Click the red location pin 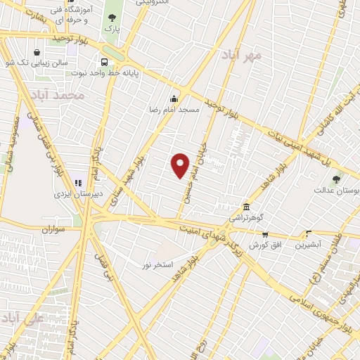[x=181, y=165]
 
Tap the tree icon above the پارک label [x=112, y=18]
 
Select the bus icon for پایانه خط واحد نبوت [x=104, y=62]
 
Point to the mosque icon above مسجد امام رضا [x=174, y=98]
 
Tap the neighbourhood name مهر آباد [x=241, y=54]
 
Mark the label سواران [x=53, y=229]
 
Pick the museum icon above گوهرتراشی [x=246, y=207]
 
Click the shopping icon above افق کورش [x=265, y=235]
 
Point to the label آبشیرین [x=308, y=245]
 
